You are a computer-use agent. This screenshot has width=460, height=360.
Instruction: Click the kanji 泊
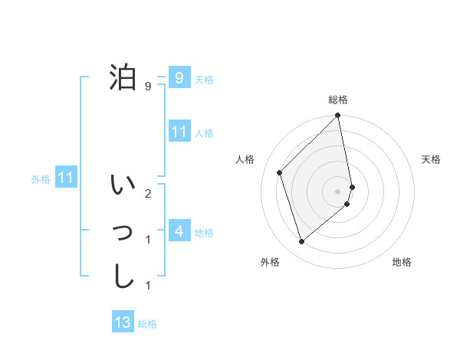tap(123, 77)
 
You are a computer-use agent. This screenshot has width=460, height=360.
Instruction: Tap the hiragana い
tap(123, 186)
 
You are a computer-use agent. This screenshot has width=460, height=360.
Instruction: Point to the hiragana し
tap(123, 276)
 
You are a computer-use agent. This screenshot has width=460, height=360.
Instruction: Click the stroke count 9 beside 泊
tap(148, 87)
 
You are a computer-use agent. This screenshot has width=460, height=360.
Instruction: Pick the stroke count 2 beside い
tap(148, 194)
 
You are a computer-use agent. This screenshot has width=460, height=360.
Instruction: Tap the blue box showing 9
tap(179, 77)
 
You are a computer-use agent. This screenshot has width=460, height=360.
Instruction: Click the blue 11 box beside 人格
tap(179, 132)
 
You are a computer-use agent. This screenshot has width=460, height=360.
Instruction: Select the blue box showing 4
tap(179, 231)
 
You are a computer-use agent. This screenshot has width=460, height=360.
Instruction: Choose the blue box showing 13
tap(123, 322)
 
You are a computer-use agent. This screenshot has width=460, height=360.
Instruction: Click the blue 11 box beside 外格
tap(66, 178)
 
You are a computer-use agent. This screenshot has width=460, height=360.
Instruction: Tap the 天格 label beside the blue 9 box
tap(204, 79)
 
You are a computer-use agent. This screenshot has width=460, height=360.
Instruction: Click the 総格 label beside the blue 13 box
tap(147, 324)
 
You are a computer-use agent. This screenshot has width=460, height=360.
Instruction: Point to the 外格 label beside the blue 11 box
tap(41, 179)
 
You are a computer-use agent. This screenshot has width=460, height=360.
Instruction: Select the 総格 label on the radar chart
tap(338, 100)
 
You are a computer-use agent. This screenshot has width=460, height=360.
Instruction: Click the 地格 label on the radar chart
tap(402, 262)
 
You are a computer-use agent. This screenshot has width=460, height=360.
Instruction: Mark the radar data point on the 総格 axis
tap(338, 116)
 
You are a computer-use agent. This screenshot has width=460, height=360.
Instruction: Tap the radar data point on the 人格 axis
tap(280, 172)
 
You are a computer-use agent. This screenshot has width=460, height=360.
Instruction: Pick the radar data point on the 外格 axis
tap(302, 241)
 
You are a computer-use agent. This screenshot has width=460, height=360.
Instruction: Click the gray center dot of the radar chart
tap(338, 191)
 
